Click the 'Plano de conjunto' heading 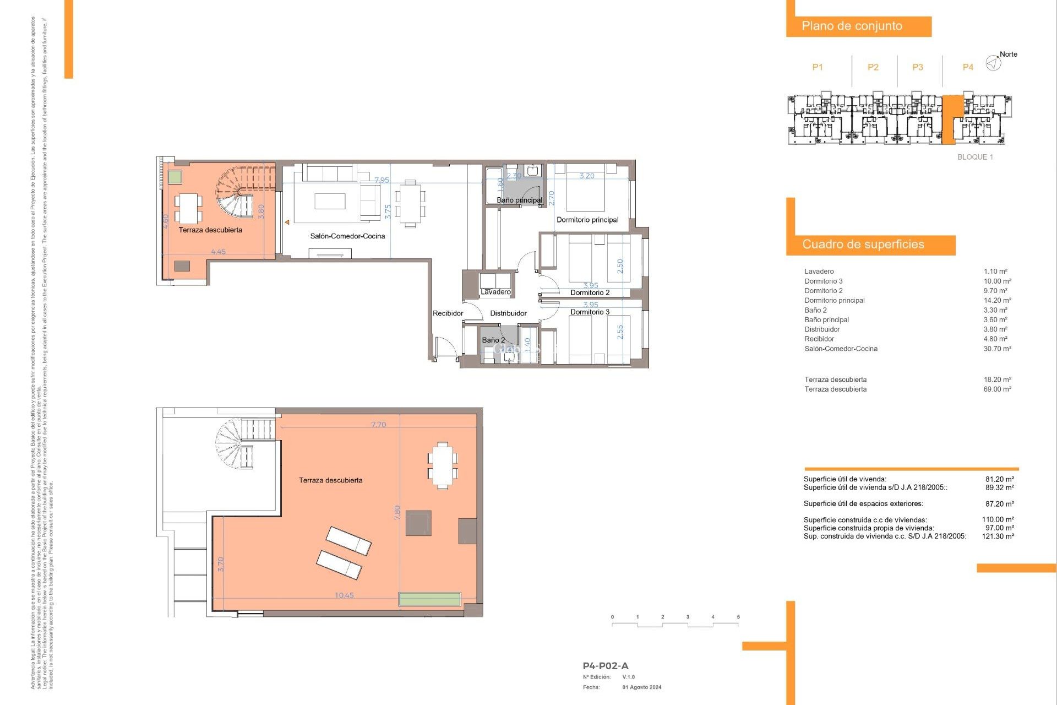pyautogui.click(x=851, y=26)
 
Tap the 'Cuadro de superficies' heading pyautogui.click(x=863, y=244)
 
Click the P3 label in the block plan pyautogui.click(x=917, y=67)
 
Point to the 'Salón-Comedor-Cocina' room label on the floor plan pyautogui.click(x=347, y=236)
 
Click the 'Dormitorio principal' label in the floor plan pyautogui.click(x=587, y=220)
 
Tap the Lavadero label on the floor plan pyautogui.click(x=495, y=292)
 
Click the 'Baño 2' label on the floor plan pyautogui.click(x=493, y=340)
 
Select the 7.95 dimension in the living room pyautogui.click(x=382, y=180)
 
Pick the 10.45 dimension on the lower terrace pyautogui.click(x=344, y=595)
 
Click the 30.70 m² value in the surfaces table pyautogui.click(x=997, y=349)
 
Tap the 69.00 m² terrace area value pyautogui.click(x=997, y=389)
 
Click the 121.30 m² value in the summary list pyautogui.click(x=998, y=536)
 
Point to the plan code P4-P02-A pyautogui.click(x=605, y=666)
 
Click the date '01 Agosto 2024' pyautogui.click(x=642, y=687)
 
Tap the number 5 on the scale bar pyautogui.click(x=738, y=617)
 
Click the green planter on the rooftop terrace pyautogui.click(x=429, y=599)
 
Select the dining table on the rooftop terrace pyautogui.click(x=443, y=465)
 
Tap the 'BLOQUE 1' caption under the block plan pyautogui.click(x=975, y=157)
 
